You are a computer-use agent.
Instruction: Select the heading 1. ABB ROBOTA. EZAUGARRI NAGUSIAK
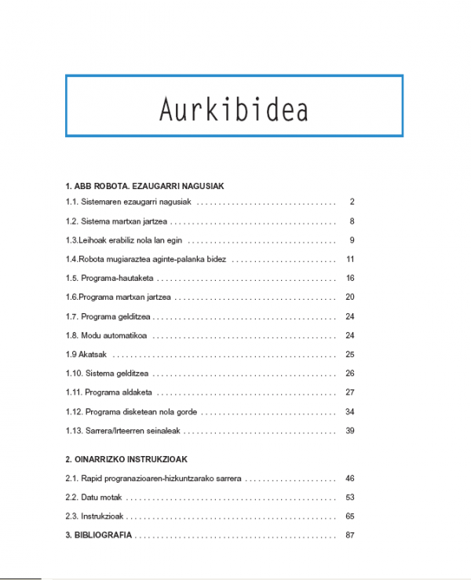pyautogui.click(x=145, y=187)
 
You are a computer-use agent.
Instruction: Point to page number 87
pyautogui.click(x=350, y=535)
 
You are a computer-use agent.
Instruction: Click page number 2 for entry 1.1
pyautogui.click(x=352, y=202)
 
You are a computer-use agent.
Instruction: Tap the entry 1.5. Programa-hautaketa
pyautogui.click(x=110, y=279)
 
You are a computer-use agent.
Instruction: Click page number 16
pyautogui.click(x=350, y=279)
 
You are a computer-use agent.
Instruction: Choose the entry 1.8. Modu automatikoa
pyautogui.click(x=107, y=336)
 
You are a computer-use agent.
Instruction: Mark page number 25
pyautogui.click(x=350, y=355)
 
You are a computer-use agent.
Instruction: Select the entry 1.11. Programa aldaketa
pyautogui.click(x=109, y=392)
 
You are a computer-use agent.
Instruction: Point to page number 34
pyautogui.click(x=350, y=411)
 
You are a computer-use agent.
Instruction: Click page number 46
pyautogui.click(x=350, y=478)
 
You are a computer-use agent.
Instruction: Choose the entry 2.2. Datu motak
pyautogui.click(x=94, y=498)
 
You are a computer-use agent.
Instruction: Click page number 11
pyautogui.click(x=350, y=260)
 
